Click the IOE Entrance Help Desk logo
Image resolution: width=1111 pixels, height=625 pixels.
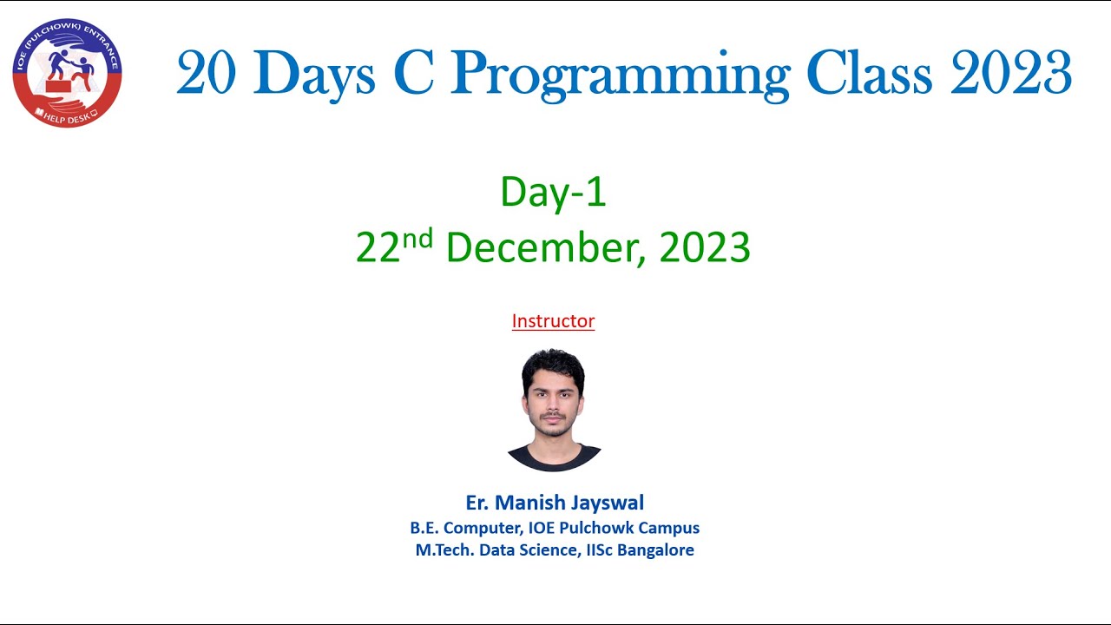67,73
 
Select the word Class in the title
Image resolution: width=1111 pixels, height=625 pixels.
869,74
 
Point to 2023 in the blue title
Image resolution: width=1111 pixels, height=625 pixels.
1011,74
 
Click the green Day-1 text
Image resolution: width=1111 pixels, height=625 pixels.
553,192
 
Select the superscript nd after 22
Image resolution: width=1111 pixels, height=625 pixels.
417,239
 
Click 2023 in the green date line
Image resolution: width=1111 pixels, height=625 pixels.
705,247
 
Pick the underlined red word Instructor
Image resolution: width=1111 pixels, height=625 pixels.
553,321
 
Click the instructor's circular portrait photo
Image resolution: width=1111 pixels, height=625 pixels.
554,411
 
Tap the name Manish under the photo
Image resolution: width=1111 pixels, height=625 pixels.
529,503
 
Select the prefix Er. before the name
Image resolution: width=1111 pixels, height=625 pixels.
477,503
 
